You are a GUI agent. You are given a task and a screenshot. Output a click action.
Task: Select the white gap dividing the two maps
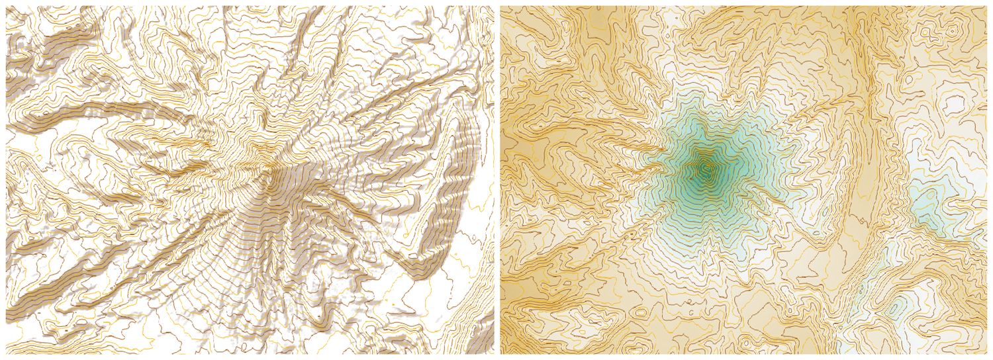[496, 180]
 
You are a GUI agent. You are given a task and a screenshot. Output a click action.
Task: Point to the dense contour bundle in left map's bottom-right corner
[473, 318]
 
